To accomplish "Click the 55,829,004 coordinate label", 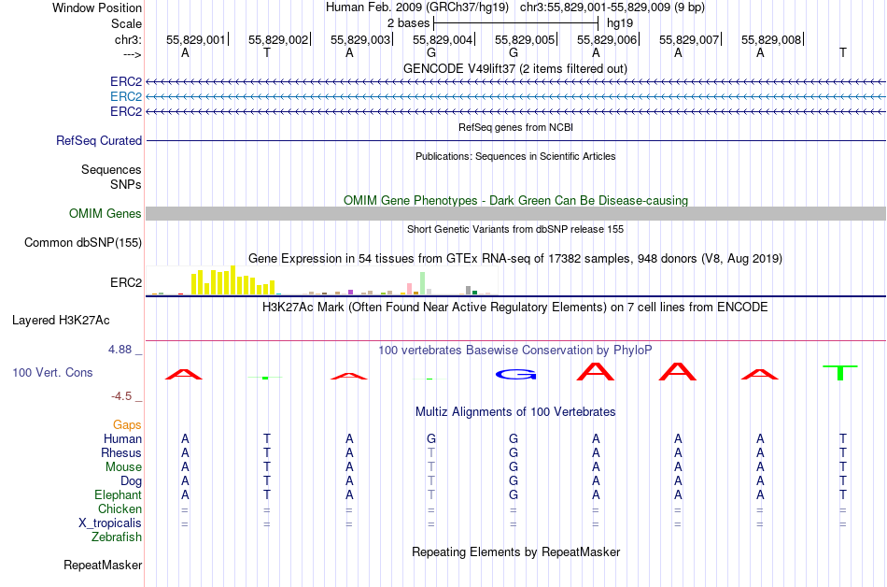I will [x=443, y=40].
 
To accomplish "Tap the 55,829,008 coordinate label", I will [x=771, y=40].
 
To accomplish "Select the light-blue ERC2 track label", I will [x=126, y=96].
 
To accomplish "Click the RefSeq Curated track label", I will [x=99, y=140].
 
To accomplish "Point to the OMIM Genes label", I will [x=106, y=213].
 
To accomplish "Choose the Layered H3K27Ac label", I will [x=61, y=320].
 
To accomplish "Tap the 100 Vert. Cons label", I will [x=52, y=372].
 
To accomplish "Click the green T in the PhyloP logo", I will [x=841, y=372].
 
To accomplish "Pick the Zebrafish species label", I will [x=117, y=537].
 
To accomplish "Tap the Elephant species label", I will [x=118, y=494].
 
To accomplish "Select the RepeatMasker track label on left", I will [x=103, y=565].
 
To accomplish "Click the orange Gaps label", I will [x=127, y=424].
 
